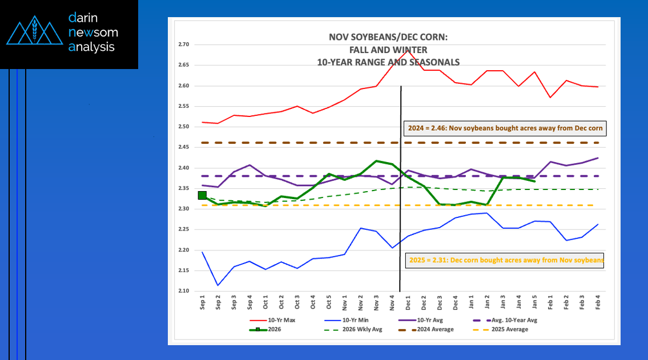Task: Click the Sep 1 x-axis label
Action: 202,301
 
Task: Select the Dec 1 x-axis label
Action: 408,301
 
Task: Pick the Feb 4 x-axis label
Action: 597,301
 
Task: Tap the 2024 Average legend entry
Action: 434,329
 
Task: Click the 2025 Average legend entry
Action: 508,329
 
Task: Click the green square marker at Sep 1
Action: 202,196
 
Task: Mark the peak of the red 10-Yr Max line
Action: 408,50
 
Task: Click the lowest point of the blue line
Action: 218,285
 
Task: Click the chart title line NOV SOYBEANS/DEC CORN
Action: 388,38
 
